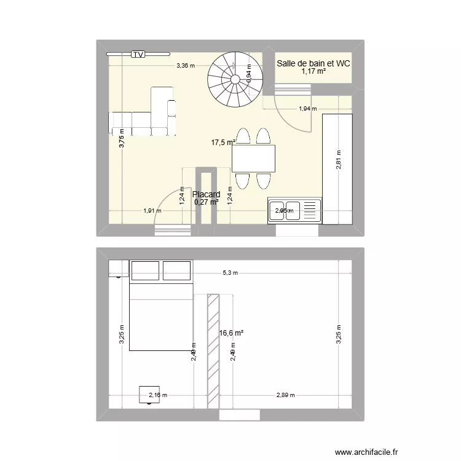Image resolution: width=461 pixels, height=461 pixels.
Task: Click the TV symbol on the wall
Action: pyautogui.click(x=138, y=54)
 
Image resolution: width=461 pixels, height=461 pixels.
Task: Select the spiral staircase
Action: pyautogui.click(x=234, y=77)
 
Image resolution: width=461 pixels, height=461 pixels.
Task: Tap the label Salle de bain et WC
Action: pyautogui.click(x=313, y=63)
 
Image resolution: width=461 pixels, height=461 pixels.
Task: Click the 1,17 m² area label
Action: pyautogui.click(x=313, y=72)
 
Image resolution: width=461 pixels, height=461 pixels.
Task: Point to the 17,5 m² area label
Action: pyautogui.click(x=223, y=143)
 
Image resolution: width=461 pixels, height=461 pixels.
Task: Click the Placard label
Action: pyautogui.click(x=207, y=194)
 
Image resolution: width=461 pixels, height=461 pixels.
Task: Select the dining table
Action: pyautogui.click(x=253, y=159)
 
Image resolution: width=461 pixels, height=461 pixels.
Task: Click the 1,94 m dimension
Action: pyautogui.click(x=307, y=109)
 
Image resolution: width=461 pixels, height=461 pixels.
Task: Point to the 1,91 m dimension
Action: pyautogui.click(x=152, y=211)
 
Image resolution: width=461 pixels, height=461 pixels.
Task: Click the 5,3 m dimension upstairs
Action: pyautogui.click(x=230, y=273)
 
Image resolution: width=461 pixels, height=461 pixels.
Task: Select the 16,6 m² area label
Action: pyautogui.click(x=231, y=333)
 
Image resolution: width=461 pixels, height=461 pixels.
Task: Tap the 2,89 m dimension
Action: pyautogui.click(x=286, y=395)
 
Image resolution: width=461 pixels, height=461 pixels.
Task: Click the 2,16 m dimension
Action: pyautogui.click(x=159, y=395)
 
